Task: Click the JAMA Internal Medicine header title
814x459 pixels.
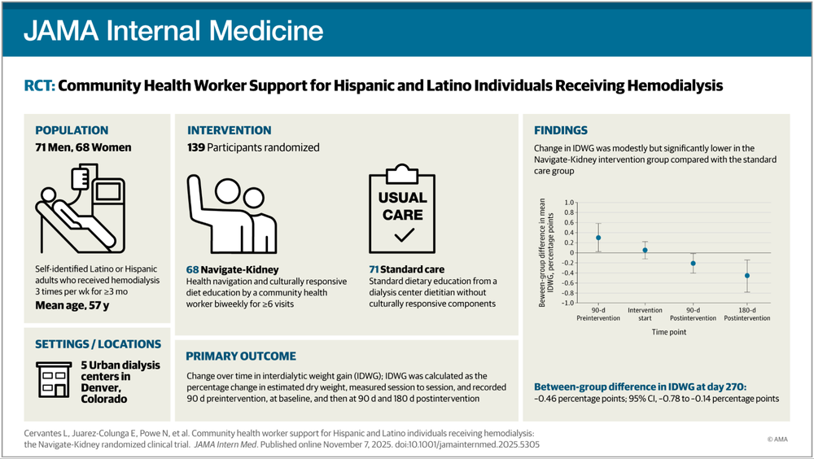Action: (173, 31)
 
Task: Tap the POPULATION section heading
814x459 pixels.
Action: (72, 130)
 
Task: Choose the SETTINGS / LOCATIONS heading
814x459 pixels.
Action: (98, 344)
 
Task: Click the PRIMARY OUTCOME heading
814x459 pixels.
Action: (241, 356)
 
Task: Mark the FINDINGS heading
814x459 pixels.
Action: (560, 130)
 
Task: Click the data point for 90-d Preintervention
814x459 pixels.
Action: (598, 238)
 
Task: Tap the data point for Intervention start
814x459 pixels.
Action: (645, 251)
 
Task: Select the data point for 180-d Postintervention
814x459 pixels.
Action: (746, 276)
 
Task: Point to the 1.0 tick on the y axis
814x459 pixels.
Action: (568, 202)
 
